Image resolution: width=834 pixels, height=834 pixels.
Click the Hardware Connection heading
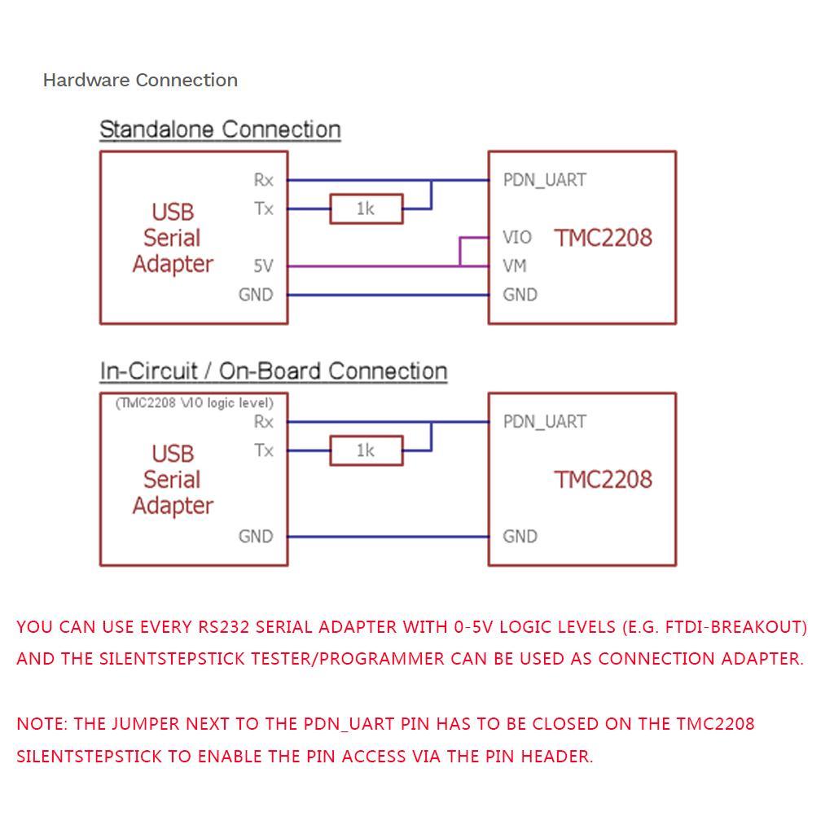coord(140,80)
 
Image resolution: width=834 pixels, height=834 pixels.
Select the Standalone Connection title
coord(220,129)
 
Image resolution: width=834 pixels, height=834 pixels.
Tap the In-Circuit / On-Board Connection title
coord(274,371)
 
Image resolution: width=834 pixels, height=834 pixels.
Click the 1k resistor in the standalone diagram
coord(366,209)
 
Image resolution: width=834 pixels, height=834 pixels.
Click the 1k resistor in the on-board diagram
coord(366,450)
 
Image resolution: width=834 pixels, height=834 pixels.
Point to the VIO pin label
coord(517,238)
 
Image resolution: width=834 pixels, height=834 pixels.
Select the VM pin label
coord(515,266)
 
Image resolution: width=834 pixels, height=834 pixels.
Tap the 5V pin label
coord(263,266)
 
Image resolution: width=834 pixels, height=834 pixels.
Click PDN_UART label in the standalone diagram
coord(544,180)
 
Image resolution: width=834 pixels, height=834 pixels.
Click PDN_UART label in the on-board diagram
coord(544,422)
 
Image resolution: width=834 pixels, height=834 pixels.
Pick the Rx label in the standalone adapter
coord(264,180)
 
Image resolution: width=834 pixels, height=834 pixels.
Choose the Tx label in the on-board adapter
coord(264,450)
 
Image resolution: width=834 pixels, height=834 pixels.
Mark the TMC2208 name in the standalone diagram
coord(604,238)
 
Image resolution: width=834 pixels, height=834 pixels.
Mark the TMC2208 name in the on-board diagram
coord(604,479)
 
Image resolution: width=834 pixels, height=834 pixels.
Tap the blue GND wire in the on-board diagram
coord(388,537)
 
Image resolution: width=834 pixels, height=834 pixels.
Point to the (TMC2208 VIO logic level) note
coord(194,403)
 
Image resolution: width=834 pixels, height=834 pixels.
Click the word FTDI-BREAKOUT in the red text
coord(734,627)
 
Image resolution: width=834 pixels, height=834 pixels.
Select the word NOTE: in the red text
coord(42,724)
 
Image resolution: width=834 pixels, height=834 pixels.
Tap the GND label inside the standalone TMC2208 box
coord(520,295)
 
